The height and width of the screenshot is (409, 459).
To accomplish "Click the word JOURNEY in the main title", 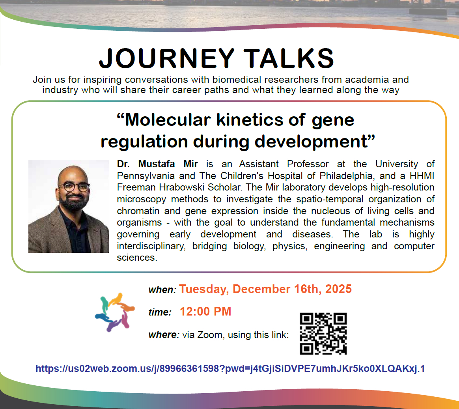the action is pos(167,58).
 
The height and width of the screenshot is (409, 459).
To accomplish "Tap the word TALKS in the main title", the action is pos(289,58).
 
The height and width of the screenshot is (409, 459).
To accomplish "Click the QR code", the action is pos(323,333).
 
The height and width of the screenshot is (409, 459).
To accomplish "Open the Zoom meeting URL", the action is pos(230,368).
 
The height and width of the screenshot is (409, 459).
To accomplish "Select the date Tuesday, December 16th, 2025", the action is pos(265,289).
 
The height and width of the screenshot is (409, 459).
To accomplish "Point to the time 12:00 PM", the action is pos(205,312).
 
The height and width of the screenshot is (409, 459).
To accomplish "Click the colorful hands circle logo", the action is pos(115,312).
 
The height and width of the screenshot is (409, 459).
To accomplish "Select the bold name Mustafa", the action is pos(156,164).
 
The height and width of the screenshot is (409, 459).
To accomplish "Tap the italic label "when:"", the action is pos(162,289).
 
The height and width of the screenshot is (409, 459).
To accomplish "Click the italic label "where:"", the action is pos(164,334).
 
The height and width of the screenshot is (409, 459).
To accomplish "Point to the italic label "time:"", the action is pos(160,312).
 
